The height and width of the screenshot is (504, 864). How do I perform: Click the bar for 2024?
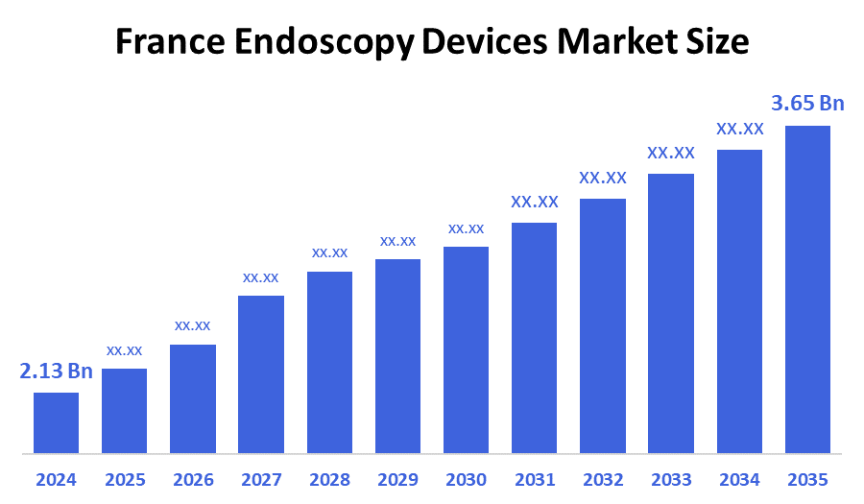56,422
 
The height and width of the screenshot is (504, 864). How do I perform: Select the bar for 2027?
261,374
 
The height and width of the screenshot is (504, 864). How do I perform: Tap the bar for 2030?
466,349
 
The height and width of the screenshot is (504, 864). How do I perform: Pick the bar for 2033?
671,313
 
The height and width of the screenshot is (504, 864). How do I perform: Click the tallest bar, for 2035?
807,289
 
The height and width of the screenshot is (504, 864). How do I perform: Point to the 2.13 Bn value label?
56,372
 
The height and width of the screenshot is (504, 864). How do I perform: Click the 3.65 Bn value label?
807,104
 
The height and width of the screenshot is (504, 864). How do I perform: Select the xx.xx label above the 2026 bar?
192,325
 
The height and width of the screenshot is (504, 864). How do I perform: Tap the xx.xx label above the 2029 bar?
397,240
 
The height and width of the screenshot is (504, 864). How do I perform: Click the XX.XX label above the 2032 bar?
603,178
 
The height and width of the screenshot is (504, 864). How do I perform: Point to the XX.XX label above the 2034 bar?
739,129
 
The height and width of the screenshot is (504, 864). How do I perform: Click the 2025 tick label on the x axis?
124,479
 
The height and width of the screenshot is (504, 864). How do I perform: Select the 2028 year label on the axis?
329,479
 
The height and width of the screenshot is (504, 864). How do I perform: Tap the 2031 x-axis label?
535,479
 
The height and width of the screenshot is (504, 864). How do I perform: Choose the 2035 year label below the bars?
807,479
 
